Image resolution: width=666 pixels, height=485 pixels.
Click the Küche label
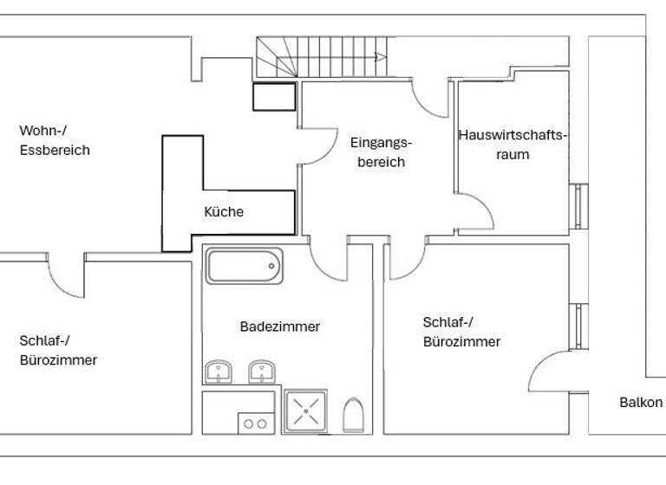point(224,211)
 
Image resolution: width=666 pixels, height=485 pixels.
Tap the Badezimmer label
point(280,327)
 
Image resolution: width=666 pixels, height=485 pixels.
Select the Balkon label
point(641,403)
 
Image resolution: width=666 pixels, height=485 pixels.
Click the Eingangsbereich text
point(381,152)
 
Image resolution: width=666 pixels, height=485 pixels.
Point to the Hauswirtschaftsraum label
point(512,145)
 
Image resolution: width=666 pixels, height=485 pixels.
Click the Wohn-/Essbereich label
point(55,140)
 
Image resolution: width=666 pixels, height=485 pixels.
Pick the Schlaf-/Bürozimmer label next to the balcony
point(461,331)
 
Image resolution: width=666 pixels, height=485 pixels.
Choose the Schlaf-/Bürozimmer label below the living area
point(58,349)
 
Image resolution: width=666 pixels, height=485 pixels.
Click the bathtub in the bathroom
point(245,266)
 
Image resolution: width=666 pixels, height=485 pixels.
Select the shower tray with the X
point(306,410)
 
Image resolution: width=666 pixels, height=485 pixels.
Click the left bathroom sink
point(219,372)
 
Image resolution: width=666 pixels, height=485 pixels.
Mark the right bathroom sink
point(262,372)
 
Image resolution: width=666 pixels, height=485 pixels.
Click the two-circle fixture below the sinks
point(255,423)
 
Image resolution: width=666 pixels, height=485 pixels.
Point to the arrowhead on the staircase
point(380,57)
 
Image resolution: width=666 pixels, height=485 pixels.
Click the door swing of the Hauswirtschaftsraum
point(471,208)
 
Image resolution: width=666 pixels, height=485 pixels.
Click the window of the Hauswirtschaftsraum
point(578,207)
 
